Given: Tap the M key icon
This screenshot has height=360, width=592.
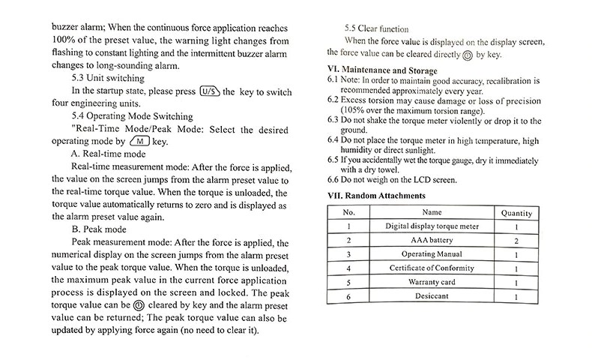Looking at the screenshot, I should tap(139, 141).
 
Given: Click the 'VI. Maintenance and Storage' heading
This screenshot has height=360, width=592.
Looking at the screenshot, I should tap(384, 70).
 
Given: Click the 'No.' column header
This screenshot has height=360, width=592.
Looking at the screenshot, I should tap(348, 213).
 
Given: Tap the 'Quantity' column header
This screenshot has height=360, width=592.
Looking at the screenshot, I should tap(517, 213).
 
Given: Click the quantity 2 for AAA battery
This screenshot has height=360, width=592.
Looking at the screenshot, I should tap(517, 241).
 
